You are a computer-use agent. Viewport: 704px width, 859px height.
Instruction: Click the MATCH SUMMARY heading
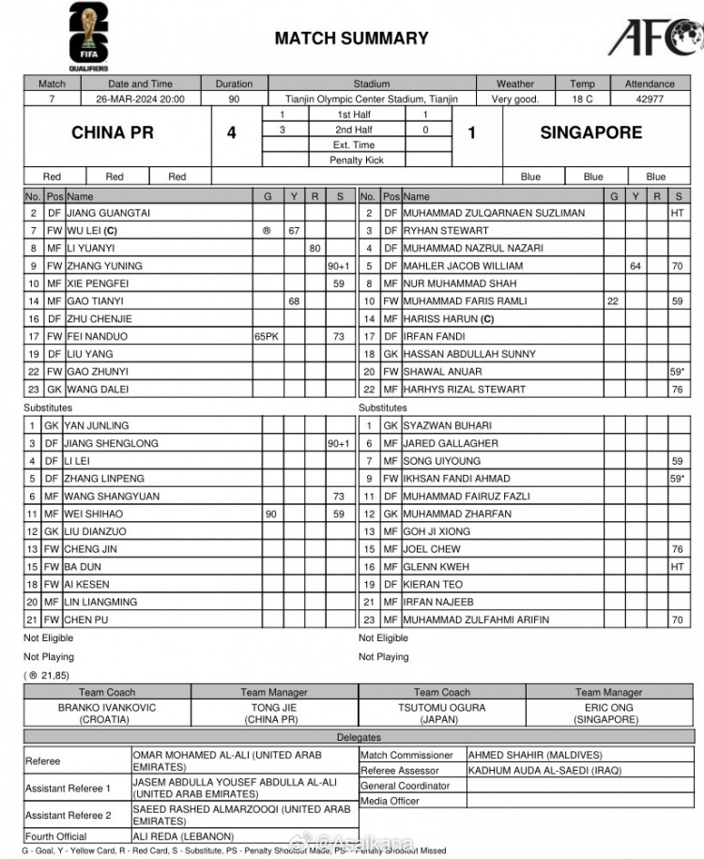click(351, 38)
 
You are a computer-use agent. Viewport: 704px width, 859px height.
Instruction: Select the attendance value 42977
click(650, 99)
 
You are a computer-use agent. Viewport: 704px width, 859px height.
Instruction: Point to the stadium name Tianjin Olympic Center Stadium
click(371, 99)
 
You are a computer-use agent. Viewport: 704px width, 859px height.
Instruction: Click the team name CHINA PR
click(112, 133)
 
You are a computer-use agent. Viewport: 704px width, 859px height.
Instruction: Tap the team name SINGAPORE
click(590, 133)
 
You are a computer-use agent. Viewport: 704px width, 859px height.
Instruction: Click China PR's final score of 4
click(232, 133)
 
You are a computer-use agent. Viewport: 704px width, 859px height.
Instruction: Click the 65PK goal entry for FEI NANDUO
click(268, 336)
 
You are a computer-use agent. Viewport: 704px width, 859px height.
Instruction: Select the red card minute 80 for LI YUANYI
click(315, 248)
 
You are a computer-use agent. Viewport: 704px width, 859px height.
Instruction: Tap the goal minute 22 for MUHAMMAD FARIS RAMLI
click(613, 301)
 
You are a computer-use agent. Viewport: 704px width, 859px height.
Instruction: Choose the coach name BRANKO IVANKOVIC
click(107, 708)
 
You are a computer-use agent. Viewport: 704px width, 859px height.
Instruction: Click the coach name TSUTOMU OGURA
click(441, 708)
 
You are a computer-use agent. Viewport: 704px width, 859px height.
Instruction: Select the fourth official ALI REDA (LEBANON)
click(182, 836)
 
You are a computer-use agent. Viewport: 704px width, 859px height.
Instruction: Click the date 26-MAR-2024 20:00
click(140, 99)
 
